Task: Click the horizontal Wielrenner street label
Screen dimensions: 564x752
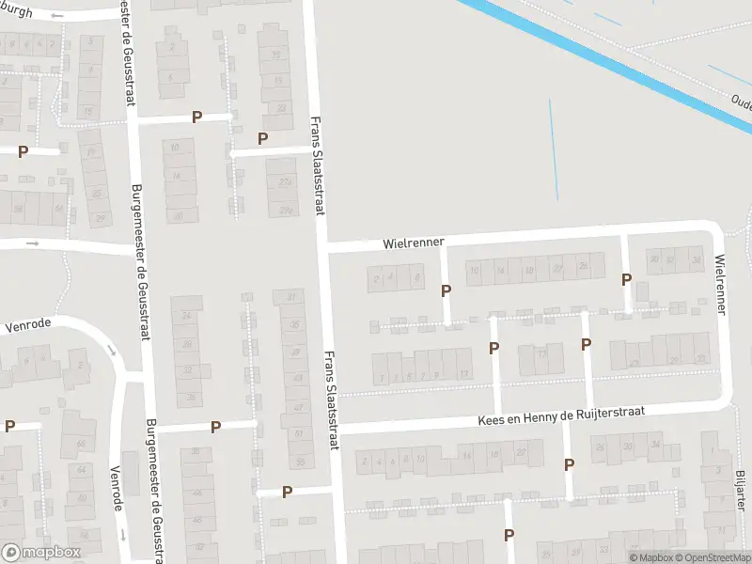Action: (x=413, y=243)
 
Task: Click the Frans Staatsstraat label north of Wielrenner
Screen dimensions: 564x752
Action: (x=318, y=165)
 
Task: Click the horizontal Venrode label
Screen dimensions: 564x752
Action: (x=26, y=328)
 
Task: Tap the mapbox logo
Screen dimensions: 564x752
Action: (x=40, y=552)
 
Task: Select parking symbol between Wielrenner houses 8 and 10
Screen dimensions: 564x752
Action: (x=446, y=291)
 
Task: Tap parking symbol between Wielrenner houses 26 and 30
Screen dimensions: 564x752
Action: (x=626, y=279)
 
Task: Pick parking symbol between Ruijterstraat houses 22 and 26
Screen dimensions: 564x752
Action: (x=569, y=464)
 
